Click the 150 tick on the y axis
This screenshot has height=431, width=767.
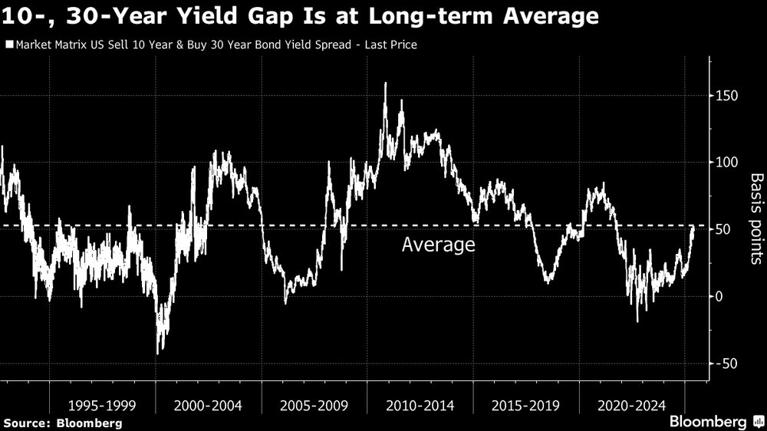click(x=726, y=96)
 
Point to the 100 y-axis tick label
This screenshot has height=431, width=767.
click(x=726, y=163)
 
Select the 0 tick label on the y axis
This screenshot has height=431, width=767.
click(x=719, y=296)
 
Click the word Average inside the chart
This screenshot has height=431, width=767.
click(x=439, y=245)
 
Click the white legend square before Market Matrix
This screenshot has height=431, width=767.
click(x=8, y=44)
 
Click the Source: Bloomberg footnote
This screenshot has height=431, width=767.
click(x=62, y=423)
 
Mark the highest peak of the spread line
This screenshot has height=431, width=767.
click(x=385, y=84)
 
